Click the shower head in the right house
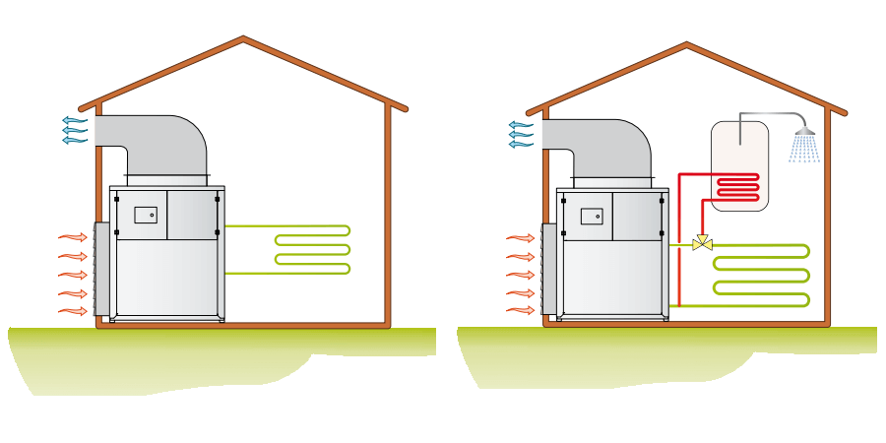805,131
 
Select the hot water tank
739,164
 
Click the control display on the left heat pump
146,214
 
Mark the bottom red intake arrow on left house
73,312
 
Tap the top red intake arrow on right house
520,237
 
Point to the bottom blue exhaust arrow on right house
521,145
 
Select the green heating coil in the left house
311,249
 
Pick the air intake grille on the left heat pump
101,268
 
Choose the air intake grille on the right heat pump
548,269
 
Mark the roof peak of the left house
243,39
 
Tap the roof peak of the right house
686,44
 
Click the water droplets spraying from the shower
804,150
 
